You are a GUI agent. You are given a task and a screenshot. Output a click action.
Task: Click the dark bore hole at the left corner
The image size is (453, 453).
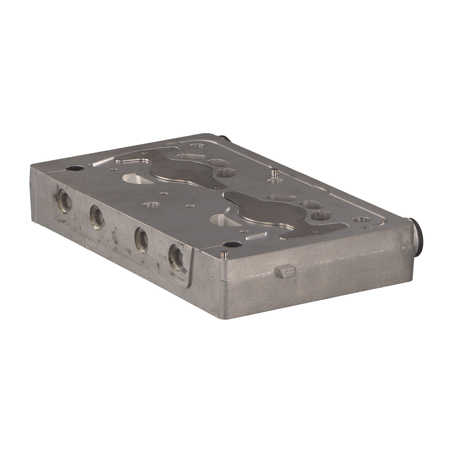[74, 168]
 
